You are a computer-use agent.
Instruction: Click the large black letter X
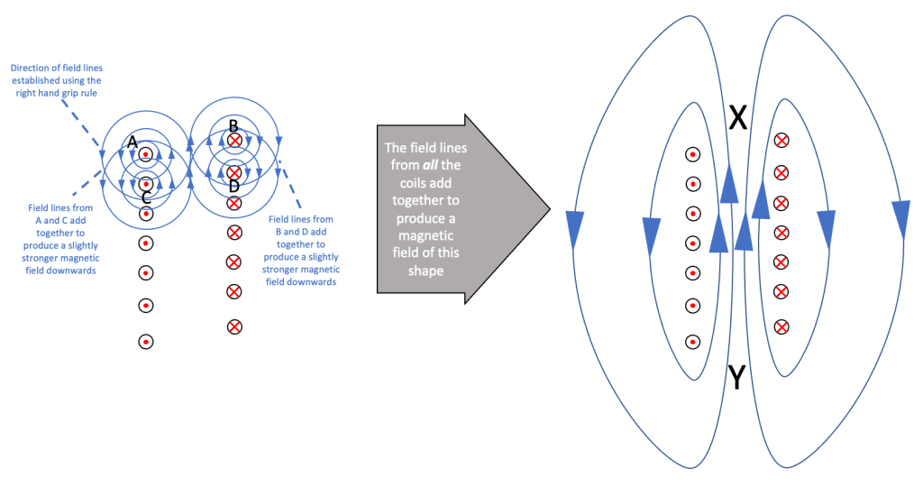[738, 117]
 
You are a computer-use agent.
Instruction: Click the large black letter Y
[736, 378]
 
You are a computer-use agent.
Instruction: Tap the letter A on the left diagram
[133, 142]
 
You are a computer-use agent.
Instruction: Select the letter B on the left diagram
[233, 125]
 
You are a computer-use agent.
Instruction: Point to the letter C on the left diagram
[146, 197]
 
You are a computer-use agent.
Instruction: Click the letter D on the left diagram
[234, 186]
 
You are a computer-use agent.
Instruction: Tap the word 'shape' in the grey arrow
[426, 271]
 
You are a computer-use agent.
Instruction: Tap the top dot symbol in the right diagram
[692, 155]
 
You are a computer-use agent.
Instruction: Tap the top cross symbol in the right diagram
[781, 141]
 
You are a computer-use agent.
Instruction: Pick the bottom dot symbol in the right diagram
[692, 342]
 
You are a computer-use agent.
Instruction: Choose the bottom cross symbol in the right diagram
[781, 326]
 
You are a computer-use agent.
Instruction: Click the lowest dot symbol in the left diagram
[146, 342]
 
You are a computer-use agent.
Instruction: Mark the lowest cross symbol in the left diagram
[234, 326]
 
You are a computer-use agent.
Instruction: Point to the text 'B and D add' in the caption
[302, 231]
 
